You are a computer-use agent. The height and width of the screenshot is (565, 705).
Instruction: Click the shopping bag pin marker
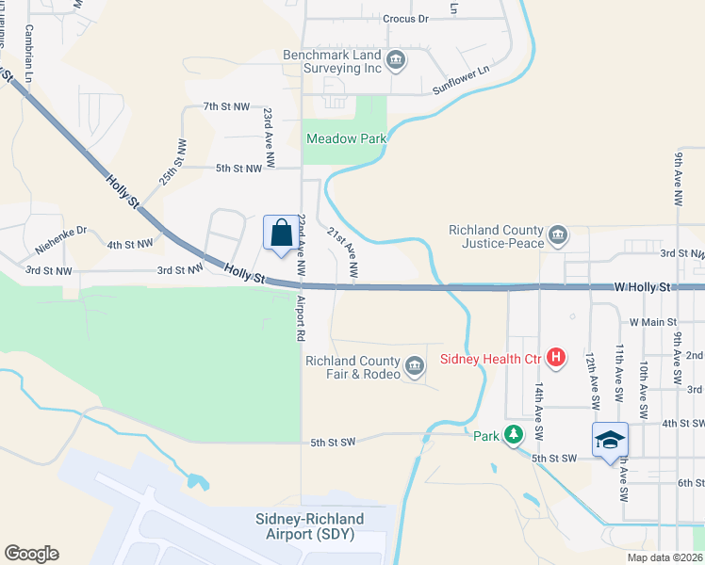tap(281, 234)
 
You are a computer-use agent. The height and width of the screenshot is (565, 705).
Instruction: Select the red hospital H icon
tap(556, 358)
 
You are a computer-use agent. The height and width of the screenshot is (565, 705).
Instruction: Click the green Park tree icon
tap(514, 435)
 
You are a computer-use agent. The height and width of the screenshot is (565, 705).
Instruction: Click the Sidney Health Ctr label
tap(494, 358)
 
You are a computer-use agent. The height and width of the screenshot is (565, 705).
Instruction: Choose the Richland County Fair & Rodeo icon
tap(415, 366)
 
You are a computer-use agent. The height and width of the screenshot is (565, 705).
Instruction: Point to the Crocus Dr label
tap(405, 18)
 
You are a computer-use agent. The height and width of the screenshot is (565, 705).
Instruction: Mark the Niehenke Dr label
tap(61, 241)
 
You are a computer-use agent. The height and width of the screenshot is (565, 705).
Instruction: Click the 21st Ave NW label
tap(342, 252)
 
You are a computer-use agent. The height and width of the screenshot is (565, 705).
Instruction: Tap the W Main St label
tap(649, 322)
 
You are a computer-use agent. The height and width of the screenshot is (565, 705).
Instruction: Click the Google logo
tap(31, 554)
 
